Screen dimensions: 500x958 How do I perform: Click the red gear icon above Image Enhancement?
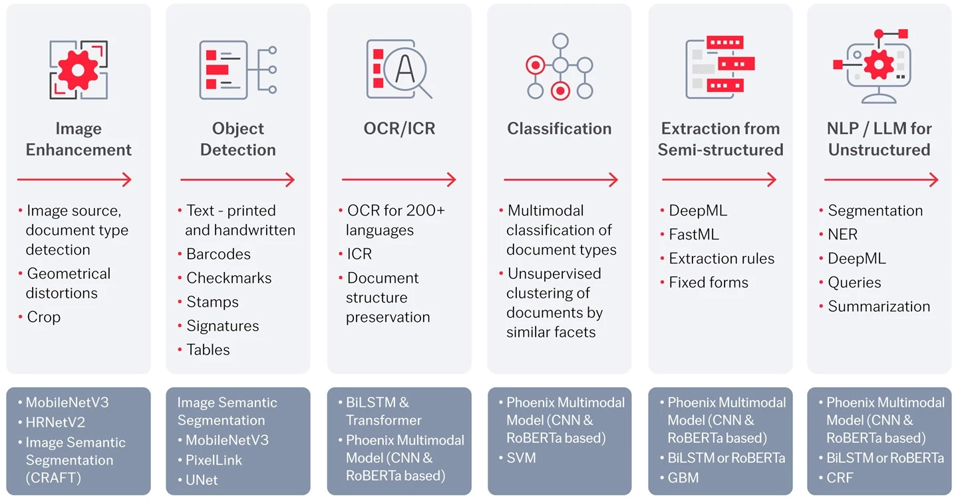tap(79, 69)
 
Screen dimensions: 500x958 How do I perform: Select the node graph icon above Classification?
tap(559, 66)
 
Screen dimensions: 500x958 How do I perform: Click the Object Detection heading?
tap(238, 139)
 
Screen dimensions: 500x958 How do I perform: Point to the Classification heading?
tap(559, 128)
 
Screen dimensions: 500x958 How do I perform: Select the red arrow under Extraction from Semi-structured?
tap(719, 180)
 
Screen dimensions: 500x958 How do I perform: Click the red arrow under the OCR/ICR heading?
tap(399, 180)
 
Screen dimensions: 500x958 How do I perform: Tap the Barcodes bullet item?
tap(218, 254)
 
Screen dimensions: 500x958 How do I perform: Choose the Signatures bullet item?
tap(222, 326)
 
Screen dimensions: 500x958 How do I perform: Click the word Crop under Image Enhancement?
tap(44, 317)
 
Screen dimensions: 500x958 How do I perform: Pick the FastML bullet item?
tap(694, 235)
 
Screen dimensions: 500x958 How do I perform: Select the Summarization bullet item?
tap(879, 307)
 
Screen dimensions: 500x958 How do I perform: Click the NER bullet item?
tap(842, 235)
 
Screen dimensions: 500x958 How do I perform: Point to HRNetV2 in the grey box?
tap(55, 422)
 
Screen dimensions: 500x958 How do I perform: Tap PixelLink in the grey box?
tap(214, 460)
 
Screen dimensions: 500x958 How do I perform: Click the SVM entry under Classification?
tap(521, 458)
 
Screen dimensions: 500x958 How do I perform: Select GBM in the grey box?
tap(683, 477)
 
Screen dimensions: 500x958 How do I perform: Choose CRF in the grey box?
tap(840, 477)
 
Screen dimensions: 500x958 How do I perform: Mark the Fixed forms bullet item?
tap(709, 283)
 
